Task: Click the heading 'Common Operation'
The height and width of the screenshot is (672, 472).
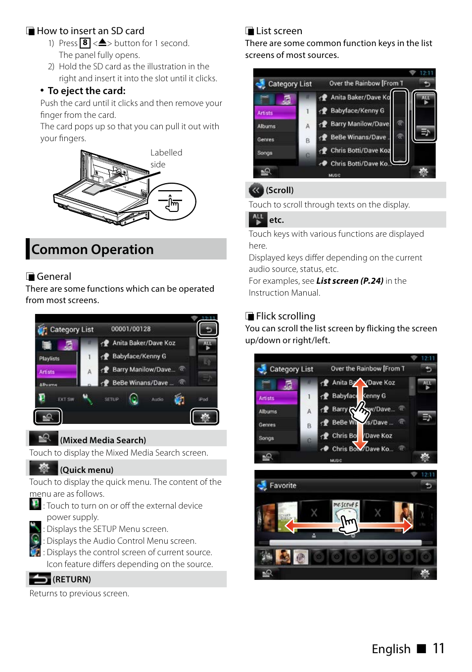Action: [x=93, y=250]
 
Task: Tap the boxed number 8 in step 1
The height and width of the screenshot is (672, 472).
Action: [x=85, y=43]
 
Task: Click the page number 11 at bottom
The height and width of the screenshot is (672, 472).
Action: [x=438, y=648]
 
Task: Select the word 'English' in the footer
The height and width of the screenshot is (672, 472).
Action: [x=391, y=649]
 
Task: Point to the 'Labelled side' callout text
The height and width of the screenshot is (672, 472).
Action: [x=166, y=158]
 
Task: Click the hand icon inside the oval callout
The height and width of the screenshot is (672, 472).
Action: [x=172, y=203]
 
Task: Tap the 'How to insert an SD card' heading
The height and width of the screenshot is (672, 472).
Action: [x=91, y=31]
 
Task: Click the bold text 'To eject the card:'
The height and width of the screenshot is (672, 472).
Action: [x=87, y=91]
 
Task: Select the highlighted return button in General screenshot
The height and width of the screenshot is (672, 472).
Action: [x=208, y=329]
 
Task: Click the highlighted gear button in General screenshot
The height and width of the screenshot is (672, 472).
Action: [x=205, y=417]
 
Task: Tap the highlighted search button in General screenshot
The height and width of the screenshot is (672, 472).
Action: [x=47, y=417]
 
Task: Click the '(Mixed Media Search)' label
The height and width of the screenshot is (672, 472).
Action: [x=103, y=440]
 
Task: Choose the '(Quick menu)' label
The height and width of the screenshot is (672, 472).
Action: [x=87, y=470]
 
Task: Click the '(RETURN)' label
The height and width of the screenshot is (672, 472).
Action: [x=72, y=579]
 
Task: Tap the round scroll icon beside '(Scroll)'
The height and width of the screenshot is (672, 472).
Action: [x=256, y=190]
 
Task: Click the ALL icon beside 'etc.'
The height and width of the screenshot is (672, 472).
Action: [x=258, y=219]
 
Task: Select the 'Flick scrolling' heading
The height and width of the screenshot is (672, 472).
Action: [x=285, y=316]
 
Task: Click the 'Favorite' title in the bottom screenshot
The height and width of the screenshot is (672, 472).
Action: [x=283, y=485]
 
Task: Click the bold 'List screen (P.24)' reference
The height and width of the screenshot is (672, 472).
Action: [x=349, y=281]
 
